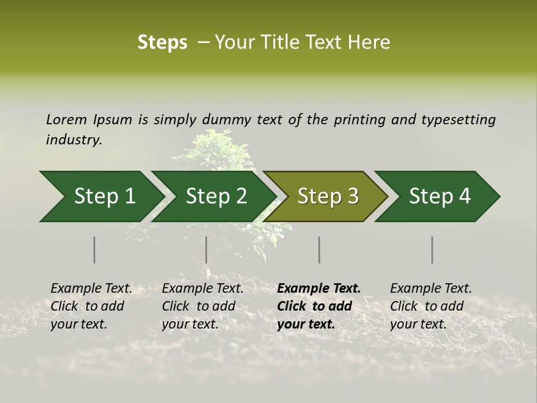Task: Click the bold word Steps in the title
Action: pyautogui.click(x=162, y=43)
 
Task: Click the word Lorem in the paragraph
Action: pyautogui.click(x=67, y=119)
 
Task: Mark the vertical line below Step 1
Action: pyautogui.click(x=94, y=250)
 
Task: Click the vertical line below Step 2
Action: pyautogui.click(x=206, y=250)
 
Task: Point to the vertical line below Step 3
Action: pyautogui.click(x=319, y=250)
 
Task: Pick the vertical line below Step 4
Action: pyautogui.click(x=432, y=250)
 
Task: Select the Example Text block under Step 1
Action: pyautogui.click(x=91, y=306)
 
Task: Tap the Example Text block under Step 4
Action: pyautogui.click(x=431, y=306)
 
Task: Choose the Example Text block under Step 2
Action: pyautogui.click(x=202, y=306)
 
